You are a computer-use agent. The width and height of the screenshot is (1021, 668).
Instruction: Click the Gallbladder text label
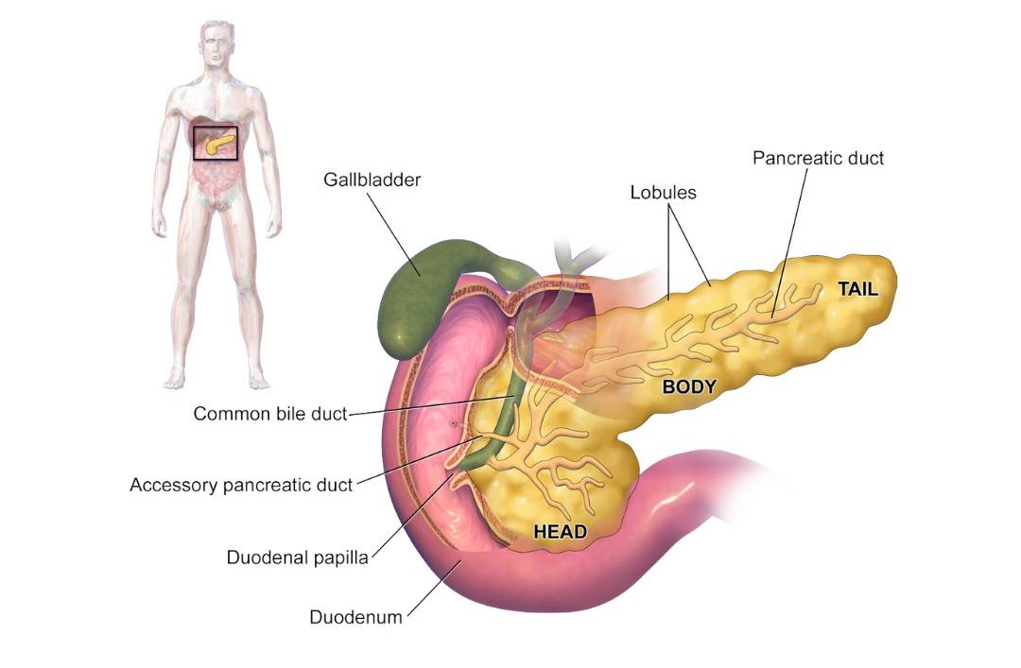tap(372, 180)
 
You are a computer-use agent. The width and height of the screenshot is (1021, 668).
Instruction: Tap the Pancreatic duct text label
tap(818, 158)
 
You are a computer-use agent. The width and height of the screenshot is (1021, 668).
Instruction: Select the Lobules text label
tap(663, 193)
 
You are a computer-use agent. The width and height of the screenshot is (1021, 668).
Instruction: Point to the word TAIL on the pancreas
tap(857, 289)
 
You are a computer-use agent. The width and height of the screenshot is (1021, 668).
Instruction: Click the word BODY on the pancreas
tap(689, 387)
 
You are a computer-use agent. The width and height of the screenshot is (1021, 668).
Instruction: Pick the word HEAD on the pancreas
tap(560, 532)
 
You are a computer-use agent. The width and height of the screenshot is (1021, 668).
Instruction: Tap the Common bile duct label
tap(270, 414)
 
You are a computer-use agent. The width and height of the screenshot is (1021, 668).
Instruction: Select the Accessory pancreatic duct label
tap(241, 485)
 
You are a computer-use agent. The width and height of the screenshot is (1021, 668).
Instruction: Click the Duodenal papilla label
tap(298, 557)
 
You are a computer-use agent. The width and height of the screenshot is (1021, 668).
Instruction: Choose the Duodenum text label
tap(355, 617)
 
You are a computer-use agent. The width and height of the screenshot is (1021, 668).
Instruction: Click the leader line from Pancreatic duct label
tap(789, 242)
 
